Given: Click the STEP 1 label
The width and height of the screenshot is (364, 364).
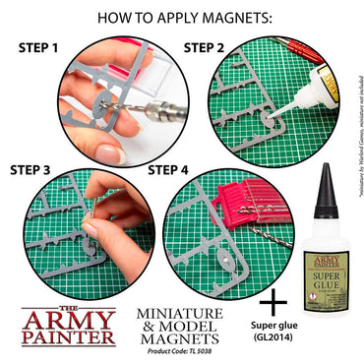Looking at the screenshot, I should (43, 46).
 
